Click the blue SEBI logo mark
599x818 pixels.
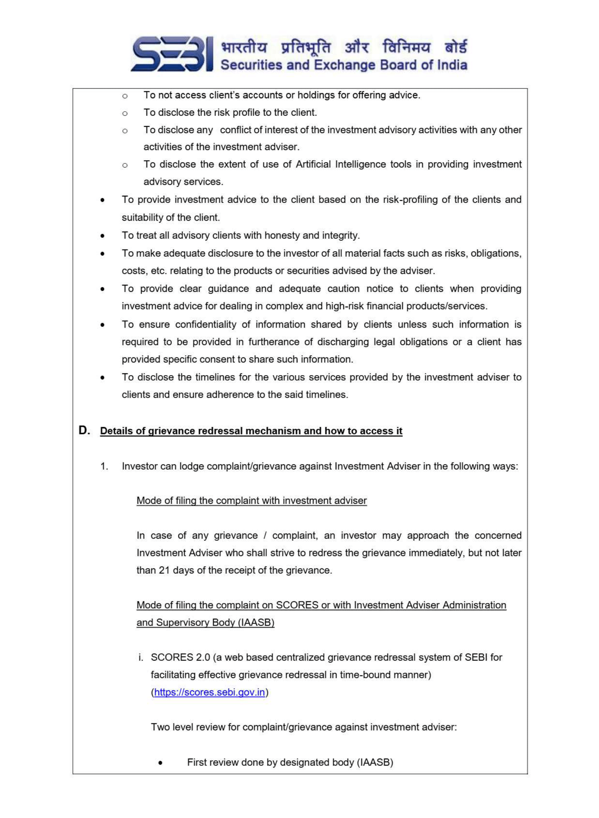172,54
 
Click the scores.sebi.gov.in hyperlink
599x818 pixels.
209,692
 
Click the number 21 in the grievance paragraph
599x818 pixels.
164,570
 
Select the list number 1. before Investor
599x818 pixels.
104,466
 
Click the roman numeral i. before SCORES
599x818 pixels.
141,657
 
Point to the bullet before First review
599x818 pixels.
160,763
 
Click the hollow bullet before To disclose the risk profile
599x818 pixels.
125,113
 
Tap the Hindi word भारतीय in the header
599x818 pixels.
244,47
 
